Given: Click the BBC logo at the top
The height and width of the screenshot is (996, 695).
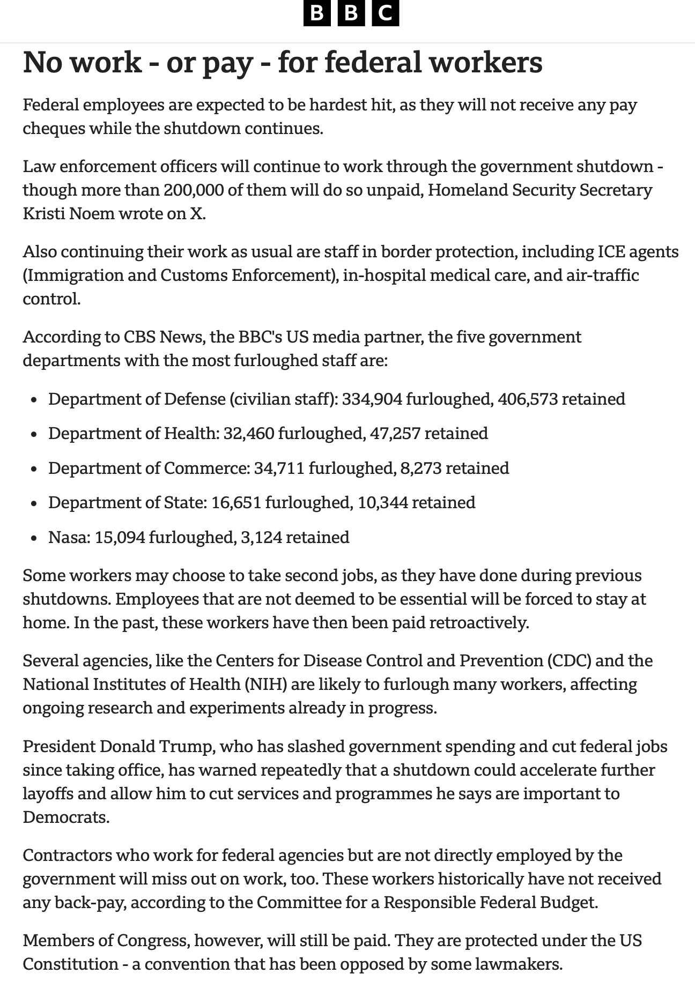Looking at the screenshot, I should tap(351, 13).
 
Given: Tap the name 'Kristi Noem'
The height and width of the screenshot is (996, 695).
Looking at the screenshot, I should tap(69, 214).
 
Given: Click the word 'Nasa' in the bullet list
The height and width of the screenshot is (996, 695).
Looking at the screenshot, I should tap(69, 537).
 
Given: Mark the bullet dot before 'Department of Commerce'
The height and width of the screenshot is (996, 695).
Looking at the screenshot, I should tap(34, 469).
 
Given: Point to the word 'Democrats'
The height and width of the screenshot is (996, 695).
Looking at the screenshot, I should tap(65, 817).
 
